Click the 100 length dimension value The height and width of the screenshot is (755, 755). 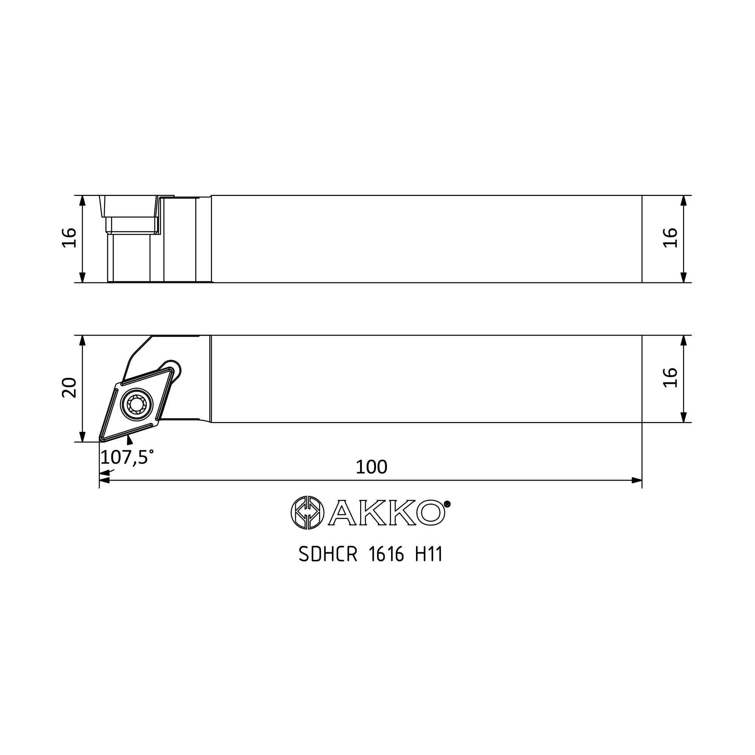[371, 467]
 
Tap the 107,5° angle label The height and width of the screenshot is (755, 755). [127, 457]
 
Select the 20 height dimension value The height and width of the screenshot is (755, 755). [69, 388]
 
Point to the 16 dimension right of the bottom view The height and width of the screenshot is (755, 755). [670, 377]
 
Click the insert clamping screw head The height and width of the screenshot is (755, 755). [136, 404]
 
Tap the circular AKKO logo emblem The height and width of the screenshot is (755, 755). [308, 512]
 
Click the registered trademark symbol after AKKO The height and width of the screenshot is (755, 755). [447, 504]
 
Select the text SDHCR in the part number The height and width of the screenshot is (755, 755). [328, 554]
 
